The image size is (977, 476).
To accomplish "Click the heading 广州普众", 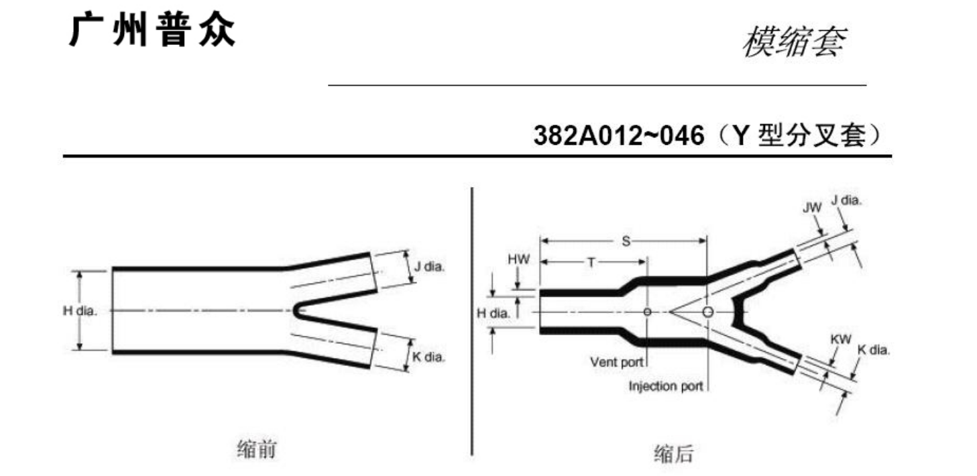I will tap(152, 31).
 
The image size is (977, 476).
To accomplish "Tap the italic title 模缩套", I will tap(793, 43).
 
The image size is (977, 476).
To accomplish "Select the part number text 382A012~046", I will tap(619, 136).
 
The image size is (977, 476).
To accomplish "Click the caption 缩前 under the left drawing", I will tap(256, 449).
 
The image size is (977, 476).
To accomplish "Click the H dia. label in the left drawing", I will tap(80, 310).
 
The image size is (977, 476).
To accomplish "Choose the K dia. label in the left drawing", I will tap(428, 357).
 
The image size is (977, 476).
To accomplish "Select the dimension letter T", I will tap(591, 262).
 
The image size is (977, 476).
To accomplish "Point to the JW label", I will tap(811, 208).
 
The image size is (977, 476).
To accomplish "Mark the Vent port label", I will tap(616, 362).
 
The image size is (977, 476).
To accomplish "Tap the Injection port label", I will tap(666, 386).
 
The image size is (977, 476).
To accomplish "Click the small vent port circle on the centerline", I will tap(647, 312).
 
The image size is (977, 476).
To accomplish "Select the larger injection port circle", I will tap(707, 312).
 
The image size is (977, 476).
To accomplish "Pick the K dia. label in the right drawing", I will tap(874, 350).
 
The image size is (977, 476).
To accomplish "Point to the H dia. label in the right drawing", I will tap(493, 312).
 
